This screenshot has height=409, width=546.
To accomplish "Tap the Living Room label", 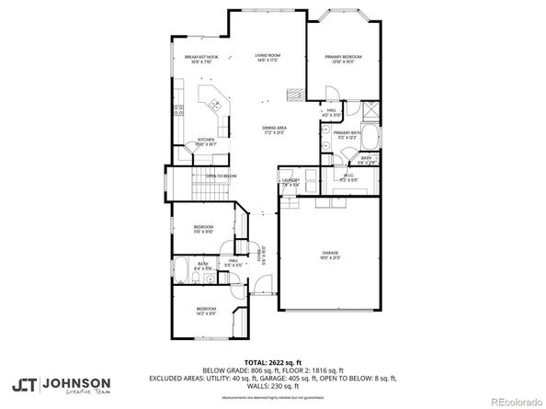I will click(x=267, y=57).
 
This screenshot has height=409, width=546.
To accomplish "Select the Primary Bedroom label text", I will click(x=343, y=59).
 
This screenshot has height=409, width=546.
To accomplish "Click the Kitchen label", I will click(x=206, y=142).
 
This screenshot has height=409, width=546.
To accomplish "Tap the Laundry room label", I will click(x=290, y=182).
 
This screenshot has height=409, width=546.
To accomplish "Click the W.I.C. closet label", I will click(x=349, y=176).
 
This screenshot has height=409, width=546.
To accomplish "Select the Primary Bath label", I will click(x=347, y=135).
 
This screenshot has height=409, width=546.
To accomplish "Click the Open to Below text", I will click(x=221, y=176).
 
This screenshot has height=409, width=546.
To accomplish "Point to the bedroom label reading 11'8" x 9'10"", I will click(x=204, y=229).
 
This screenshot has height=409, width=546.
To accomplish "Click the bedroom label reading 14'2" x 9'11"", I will click(x=205, y=310).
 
